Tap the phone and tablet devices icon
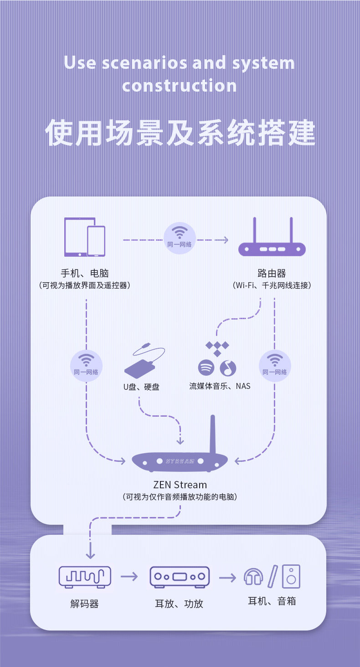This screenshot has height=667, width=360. click(x=85, y=237)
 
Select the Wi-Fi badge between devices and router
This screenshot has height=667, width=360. click(x=180, y=238)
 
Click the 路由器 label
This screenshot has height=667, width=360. click(x=272, y=273)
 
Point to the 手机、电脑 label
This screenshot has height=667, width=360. click(x=85, y=273)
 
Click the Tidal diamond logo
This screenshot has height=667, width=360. click(x=217, y=349)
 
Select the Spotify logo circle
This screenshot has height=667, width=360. click(x=206, y=367)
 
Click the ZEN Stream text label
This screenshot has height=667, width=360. click(x=180, y=485)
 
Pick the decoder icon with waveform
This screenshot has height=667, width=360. click(x=85, y=577)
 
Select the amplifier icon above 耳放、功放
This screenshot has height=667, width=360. click(x=180, y=577)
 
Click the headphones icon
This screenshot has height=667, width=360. click(x=253, y=577)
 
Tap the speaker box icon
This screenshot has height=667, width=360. click(x=291, y=576)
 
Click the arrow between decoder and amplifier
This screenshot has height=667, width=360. click(x=129, y=576)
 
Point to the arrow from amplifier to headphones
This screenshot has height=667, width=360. click(x=227, y=578)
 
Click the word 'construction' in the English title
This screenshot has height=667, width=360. click(x=180, y=86)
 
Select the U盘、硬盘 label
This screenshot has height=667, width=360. click(x=141, y=387)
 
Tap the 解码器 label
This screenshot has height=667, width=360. click(x=84, y=604)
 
